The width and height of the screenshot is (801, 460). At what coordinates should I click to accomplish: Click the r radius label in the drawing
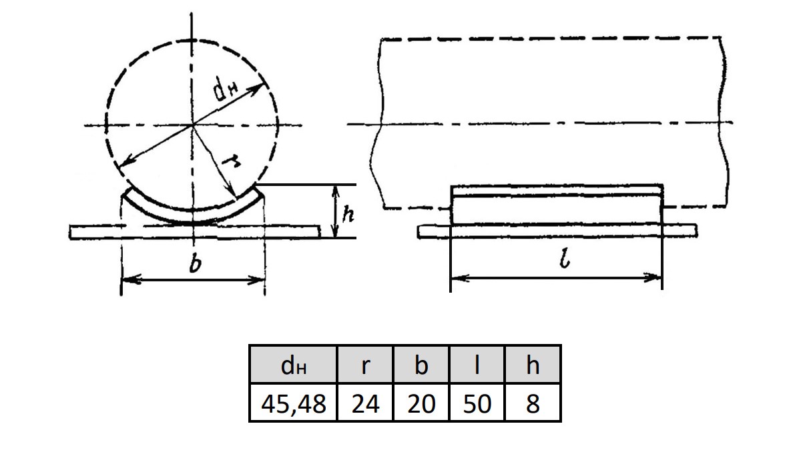pyautogui.click(x=231, y=162)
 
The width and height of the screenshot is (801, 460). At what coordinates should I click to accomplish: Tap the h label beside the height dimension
pyautogui.click(x=348, y=214)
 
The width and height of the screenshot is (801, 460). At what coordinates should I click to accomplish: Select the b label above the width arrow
pyautogui.click(x=195, y=264)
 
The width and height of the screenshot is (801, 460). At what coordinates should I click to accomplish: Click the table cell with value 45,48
pyautogui.click(x=293, y=403)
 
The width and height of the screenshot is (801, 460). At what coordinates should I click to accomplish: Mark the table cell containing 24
pyautogui.click(x=365, y=403)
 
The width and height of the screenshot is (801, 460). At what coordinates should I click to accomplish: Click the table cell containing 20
pyautogui.click(x=421, y=403)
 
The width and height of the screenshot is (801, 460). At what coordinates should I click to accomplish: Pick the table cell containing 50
pyautogui.click(x=477, y=403)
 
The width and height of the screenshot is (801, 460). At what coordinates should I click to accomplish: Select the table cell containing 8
pyautogui.click(x=533, y=403)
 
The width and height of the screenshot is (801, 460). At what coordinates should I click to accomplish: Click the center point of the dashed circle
pyautogui.click(x=192, y=125)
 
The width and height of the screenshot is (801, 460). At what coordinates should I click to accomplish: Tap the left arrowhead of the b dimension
pyautogui.click(x=129, y=279)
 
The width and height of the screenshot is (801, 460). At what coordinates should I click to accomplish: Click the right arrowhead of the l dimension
pyautogui.click(x=653, y=277)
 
